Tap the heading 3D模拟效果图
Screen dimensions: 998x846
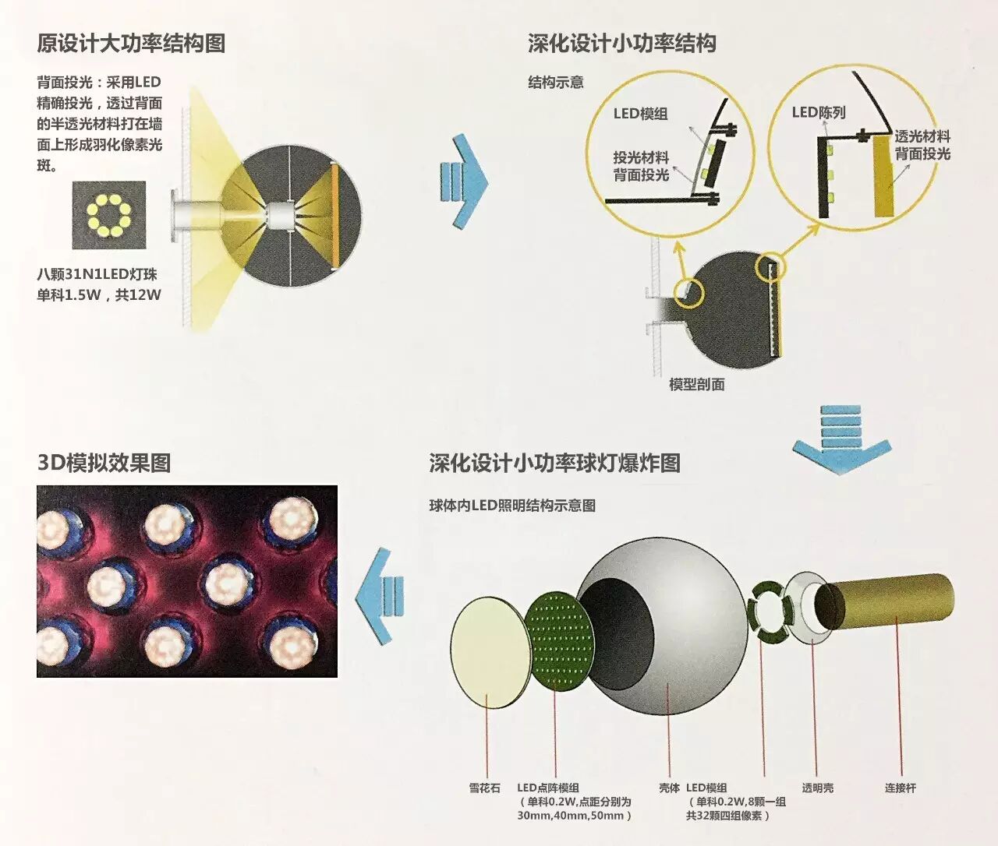104,463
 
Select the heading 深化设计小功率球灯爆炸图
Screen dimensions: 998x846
554,463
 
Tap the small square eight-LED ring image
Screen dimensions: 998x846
109,215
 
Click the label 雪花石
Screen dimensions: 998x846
484,788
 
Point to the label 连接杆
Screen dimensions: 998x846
900,788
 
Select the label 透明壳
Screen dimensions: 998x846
817,788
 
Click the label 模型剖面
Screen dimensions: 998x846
697,384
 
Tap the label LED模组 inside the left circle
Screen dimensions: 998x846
640,114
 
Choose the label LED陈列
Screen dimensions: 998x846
818,112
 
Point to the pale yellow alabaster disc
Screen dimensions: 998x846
487,653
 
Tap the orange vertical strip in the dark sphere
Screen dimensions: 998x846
336,214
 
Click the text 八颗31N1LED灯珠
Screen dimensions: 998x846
97,274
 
